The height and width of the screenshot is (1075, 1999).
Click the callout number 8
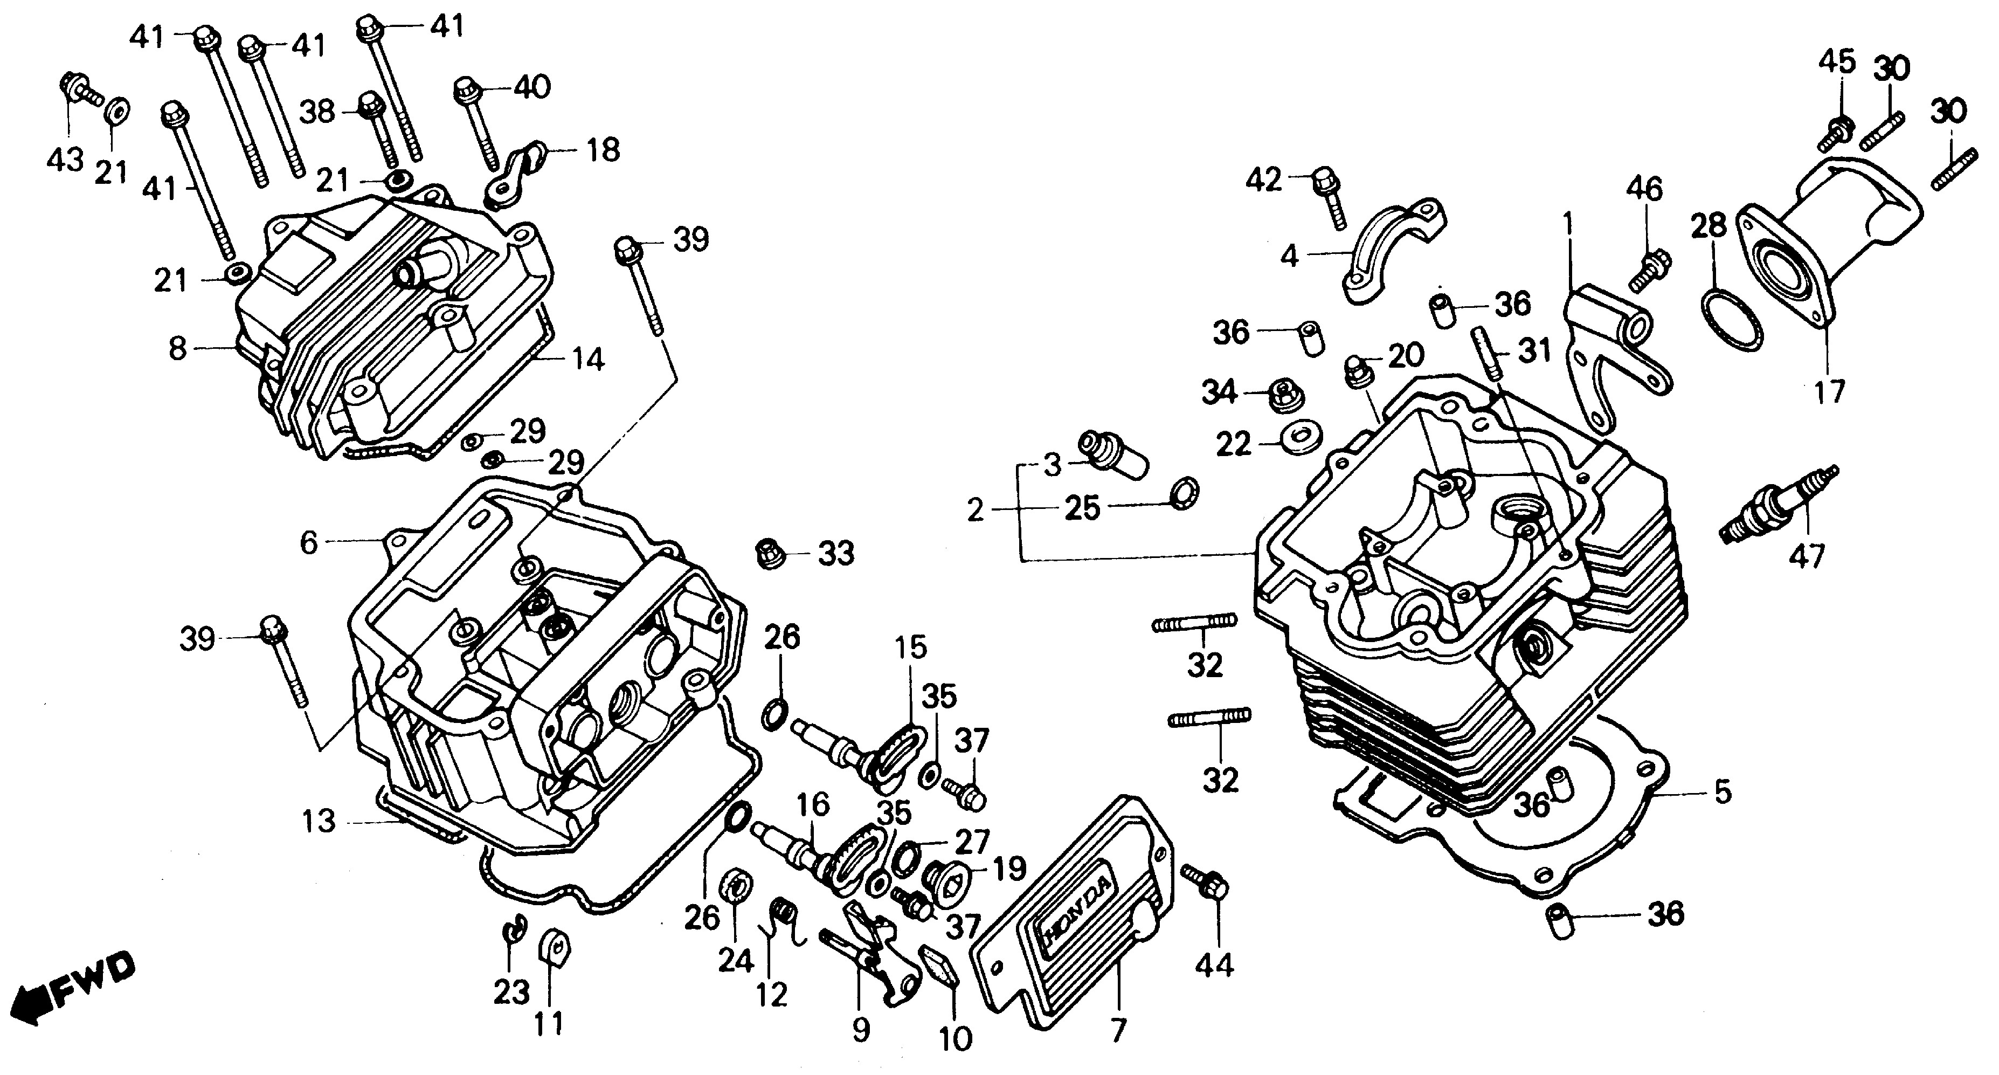178,348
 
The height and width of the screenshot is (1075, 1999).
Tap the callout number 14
587,360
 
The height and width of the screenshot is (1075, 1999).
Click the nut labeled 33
767,553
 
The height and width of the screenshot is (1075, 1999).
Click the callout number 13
319,821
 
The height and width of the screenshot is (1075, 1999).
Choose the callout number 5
1721,793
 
